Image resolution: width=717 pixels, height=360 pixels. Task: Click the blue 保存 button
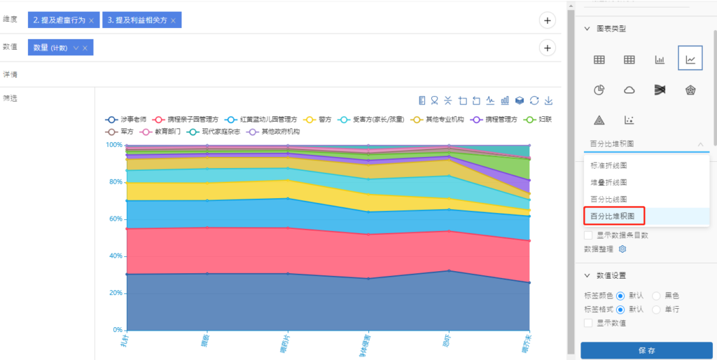coord(646,349)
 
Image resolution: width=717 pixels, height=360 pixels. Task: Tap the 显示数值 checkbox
coord(589,323)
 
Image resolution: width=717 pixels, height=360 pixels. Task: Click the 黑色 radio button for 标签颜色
coord(657,296)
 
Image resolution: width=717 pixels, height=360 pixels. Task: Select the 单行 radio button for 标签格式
coord(657,309)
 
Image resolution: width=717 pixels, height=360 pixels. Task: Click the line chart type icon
coord(690,60)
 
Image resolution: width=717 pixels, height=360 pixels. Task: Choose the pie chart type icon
coord(599,90)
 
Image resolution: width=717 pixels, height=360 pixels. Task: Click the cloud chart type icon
coord(629,90)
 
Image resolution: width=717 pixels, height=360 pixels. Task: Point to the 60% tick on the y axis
coord(113,219)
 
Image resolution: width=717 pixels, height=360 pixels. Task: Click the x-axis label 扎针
coord(123,342)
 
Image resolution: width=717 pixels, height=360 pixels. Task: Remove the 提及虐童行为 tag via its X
coord(91,20)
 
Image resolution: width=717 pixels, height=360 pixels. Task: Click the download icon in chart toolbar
coord(549,100)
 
